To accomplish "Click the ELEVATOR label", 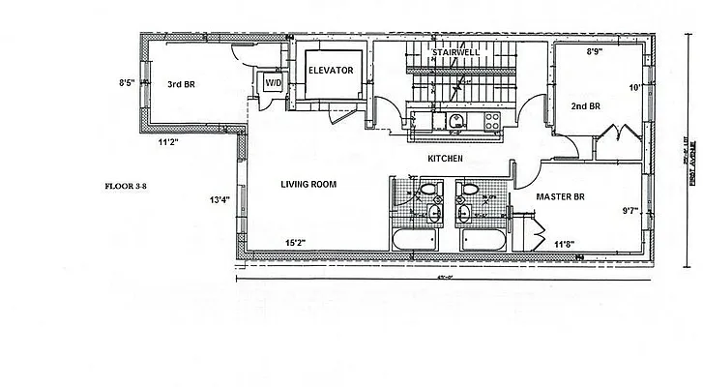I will click(331, 72).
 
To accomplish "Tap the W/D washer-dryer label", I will click(273, 84).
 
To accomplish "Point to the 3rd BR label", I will click(183, 83).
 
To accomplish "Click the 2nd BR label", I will click(586, 105).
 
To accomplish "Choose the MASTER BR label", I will click(561, 196).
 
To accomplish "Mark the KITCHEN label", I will click(446, 158).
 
